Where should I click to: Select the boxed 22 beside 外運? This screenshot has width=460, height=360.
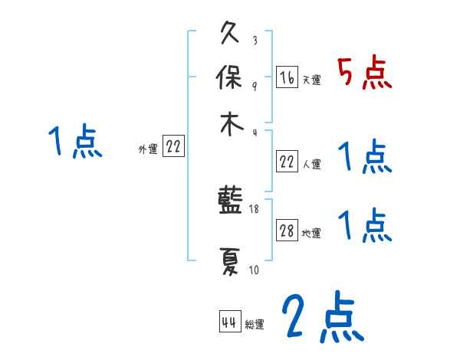[173, 148]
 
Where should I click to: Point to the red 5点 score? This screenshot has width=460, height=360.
[366, 74]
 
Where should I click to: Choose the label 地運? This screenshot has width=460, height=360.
[311, 234]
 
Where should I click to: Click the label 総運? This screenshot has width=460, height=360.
[254, 325]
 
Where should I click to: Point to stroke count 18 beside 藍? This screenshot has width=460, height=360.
[255, 208]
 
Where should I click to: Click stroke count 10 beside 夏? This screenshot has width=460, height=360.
[254, 269]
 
